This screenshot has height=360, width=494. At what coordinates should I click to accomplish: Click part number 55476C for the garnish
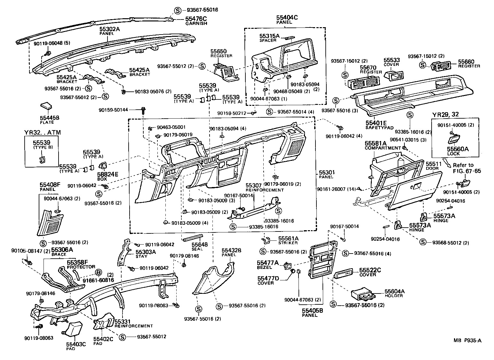tap(196, 19)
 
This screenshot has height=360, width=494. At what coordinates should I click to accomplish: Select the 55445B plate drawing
tap(46, 106)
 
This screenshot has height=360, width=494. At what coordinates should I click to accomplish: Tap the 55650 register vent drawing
tap(227, 70)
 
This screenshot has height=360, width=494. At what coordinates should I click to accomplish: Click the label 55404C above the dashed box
tap(287, 18)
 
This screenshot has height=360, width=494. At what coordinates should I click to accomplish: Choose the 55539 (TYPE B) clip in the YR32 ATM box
tap(42, 159)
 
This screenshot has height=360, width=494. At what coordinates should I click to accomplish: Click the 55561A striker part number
tap(288, 238)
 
